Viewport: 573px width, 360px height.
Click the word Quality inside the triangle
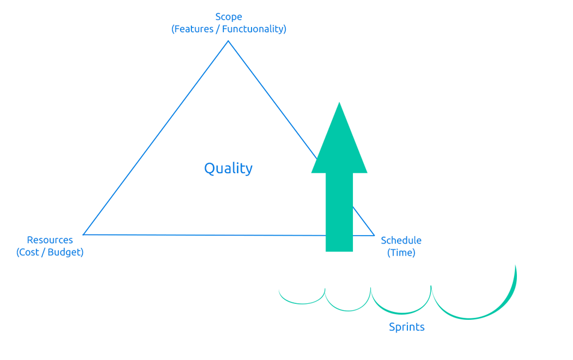coord(229,169)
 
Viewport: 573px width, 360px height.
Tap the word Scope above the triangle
coord(229,17)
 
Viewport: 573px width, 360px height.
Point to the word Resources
coord(50,240)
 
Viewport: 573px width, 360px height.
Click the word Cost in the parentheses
coord(29,252)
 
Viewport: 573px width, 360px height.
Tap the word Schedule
coord(401,240)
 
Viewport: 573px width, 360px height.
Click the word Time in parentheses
coord(401,253)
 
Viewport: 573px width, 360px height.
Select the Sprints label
coord(407,327)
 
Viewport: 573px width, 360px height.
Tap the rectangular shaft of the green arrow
coord(339,212)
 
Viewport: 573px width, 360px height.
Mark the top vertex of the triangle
coord(229,41)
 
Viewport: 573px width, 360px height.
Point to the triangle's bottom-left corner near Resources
coord(83,234)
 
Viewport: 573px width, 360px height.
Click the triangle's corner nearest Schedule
coord(374,236)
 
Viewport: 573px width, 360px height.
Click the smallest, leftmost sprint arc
coord(302,303)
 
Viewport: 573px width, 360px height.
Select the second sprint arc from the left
coord(348,311)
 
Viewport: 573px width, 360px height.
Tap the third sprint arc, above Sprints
coord(401,314)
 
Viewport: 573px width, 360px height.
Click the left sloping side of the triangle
coord(156,138)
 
